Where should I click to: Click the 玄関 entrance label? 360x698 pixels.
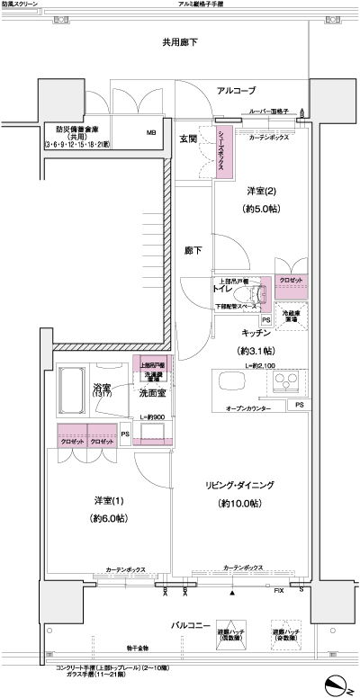(188, 139)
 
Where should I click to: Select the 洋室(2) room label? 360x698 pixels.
(264, 192)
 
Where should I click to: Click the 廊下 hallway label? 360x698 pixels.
(193, 250)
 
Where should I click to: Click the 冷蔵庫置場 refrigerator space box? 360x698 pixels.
(292, 314)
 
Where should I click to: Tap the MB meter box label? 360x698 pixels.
(151, 134)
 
